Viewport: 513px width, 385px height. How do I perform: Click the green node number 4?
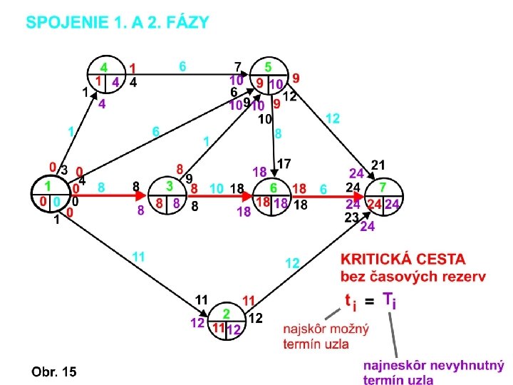tap(104, 68)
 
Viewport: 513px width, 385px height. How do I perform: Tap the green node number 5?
tap(268, 68)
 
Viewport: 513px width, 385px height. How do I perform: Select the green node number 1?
tap(48, 185)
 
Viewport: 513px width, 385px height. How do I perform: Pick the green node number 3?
tap(169, 185)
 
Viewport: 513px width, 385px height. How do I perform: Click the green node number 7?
tap(383, 186)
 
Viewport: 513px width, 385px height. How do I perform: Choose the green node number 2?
tap(226, 313)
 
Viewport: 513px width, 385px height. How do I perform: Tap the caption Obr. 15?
tap(53, 371)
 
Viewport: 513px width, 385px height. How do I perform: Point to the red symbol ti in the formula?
tap(350, 302)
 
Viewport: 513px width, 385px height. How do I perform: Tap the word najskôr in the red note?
tap(305, 329)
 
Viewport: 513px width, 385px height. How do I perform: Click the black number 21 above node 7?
tap(378, 165)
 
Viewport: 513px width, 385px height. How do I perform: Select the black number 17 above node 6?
tap(284, 164)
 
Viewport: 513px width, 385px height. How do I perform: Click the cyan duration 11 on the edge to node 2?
tap(138, 256)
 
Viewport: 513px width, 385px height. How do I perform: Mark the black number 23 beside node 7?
tap(352, 218)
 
